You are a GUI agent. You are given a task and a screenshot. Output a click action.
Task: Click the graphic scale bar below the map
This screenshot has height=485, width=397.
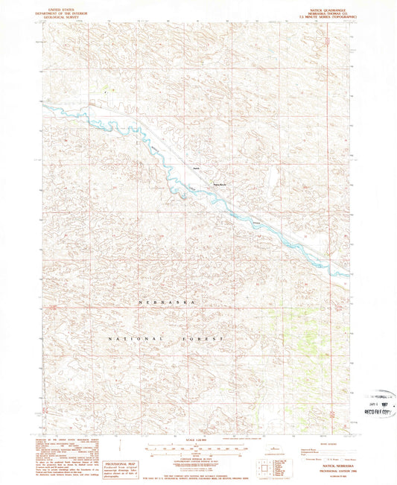click(197, 451)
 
